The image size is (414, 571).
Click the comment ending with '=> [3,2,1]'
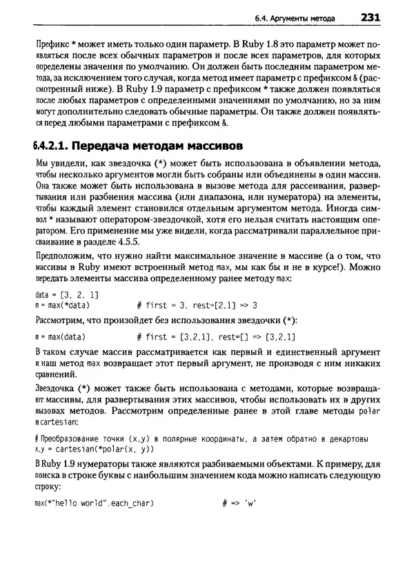tap(216, 337)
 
